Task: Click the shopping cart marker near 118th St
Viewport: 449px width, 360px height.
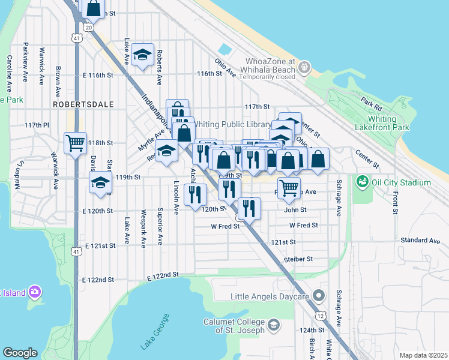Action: (76, 143)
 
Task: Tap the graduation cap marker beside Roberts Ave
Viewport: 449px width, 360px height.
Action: (143, 55)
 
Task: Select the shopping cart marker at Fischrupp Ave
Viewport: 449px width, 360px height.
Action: (289, 187)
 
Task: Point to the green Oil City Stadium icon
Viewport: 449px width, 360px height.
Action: (361, 181)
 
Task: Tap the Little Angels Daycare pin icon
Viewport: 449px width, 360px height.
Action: (319, 296)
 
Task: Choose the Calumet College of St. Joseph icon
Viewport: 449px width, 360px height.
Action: (274, 325)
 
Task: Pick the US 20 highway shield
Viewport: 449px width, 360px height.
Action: (89, 27)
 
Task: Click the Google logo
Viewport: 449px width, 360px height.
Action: (20, 353)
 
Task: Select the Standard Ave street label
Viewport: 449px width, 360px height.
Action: (420, 241)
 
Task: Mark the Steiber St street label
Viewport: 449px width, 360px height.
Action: (298, 259)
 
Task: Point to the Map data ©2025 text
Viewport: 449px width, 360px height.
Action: (423, 355)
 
